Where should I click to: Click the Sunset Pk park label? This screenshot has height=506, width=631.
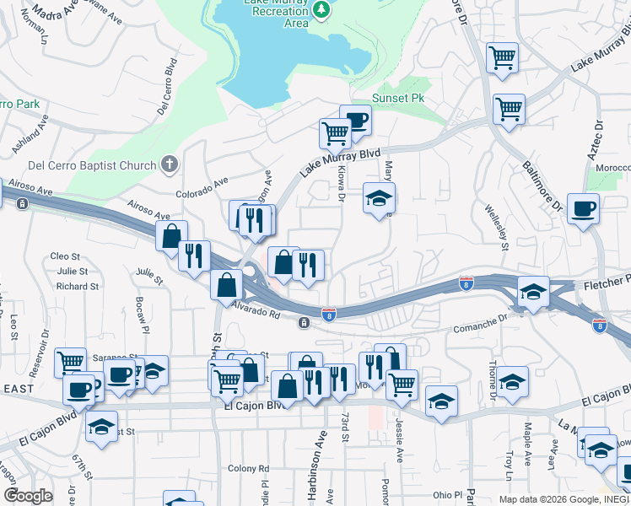pyautogui.click(x=398, y=98)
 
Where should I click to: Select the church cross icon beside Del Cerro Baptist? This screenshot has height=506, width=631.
pyautogui.click(x=169, y=164)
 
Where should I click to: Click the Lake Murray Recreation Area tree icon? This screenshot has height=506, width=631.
pyautogui.click(x=321, y=9)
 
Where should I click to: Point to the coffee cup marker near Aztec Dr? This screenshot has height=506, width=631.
pyautogui.click(x=583, y=208)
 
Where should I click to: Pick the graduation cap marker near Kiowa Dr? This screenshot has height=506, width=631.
pyautogui.click(x=379, y=199)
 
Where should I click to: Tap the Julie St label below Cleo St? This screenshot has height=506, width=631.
pyautogui.click(x=72, y=271)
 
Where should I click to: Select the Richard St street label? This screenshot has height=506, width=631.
pyautogui.click(x=78, y=287)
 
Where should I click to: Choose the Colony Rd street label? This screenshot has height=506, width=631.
pyautogui.click(x=251, y=469)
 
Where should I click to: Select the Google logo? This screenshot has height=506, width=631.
pyautogui.click(x=28, y=496)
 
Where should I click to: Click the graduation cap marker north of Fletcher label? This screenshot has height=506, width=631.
pyautogui.click(x=532, y=292)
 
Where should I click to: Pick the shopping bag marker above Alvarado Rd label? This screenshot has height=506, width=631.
pyautogui.click(x=226, y=285)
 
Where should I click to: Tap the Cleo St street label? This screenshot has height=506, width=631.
pyautogui.click(x=65, y=256)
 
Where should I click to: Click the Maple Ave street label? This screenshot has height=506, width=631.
pyautogui.click(x=528, y=439)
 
